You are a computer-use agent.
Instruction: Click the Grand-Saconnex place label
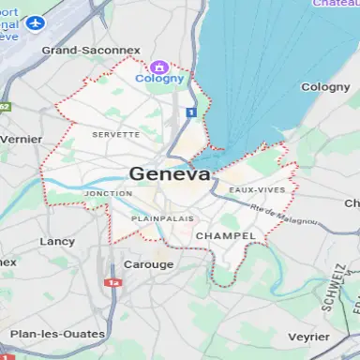(91, 50)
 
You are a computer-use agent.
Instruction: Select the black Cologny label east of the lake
(324, 87)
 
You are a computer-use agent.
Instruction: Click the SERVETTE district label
(115, 135)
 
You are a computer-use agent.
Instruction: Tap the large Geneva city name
(170, 173)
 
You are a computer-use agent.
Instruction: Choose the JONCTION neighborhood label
(108, 194)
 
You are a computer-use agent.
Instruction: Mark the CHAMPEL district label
(226, 235)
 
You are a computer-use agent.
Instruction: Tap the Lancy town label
(57, 241)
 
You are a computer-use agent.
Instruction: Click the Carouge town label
(149, 264)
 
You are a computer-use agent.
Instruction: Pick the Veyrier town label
(308, 335)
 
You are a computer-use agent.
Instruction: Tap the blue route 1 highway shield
(190, 112)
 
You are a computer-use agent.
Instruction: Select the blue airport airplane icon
(37, 22)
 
